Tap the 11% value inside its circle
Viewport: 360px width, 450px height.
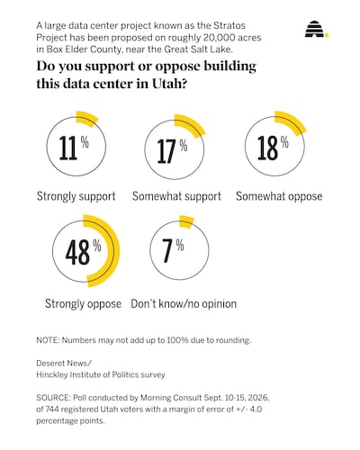[74, 148]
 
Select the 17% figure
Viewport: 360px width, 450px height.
[172, 151]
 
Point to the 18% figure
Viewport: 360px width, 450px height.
[273, 148]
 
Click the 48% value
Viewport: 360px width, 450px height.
[83, 252]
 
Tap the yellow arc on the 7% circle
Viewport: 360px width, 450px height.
[186, 222]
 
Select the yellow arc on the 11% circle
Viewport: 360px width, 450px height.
[87, 118]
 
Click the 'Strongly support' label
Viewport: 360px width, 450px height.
[76, 196]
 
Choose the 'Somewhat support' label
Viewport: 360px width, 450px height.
[176, 196]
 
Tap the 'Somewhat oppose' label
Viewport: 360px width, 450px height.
[279, 196]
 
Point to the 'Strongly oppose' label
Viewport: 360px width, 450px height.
[83, 304]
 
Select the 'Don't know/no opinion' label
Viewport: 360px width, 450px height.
[184, 303]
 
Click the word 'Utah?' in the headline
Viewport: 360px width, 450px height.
[169, 83]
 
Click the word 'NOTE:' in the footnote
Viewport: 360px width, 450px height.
[48, 340]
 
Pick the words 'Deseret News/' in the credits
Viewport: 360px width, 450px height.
[64, 364]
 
